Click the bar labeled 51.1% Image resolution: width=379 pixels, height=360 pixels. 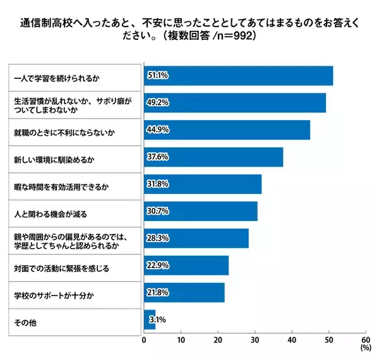click(x=238, y=76)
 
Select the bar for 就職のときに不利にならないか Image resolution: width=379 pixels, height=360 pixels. click(x=227, y=130)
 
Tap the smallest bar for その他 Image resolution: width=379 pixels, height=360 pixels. click(x=150, y=320)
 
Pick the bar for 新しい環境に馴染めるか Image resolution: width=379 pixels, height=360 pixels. click(x=214, y=157)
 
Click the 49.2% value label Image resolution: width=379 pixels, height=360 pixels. click(x=157, y=103)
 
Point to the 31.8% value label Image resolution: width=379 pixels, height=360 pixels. click(x=157, y=184)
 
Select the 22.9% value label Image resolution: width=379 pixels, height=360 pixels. click(x=157, y=266)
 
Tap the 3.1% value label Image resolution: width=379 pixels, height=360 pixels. click(x=157, y=320)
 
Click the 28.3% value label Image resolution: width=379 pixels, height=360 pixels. click(x=157, y=239)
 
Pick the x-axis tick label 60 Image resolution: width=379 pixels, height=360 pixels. click(x=365, y=340)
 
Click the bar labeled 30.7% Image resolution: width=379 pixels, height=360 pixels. click(x=201, y=212)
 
